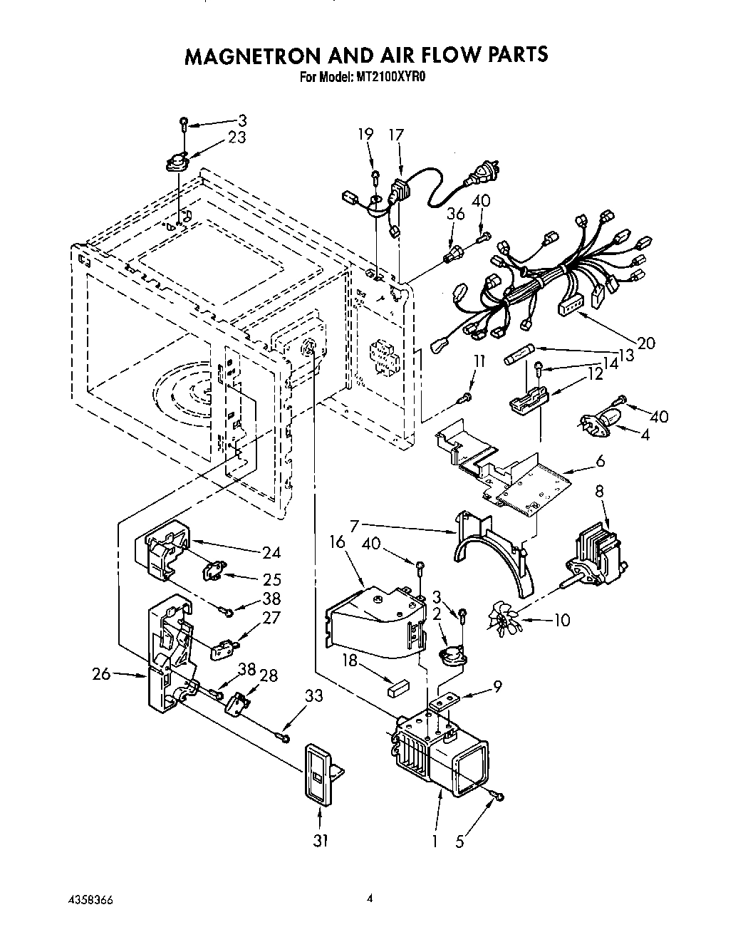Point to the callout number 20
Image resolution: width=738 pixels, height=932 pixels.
pyautogui.click(x=645, y=343)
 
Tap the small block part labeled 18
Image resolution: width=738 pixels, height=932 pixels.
pyautogui.click(x=397, y=687)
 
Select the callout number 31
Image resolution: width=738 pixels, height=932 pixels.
pyautogui.click(x=321, y=841)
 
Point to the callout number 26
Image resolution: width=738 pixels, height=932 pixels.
pyautogui.click(x=101, y=673)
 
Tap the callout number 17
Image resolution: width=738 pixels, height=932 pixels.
pyautogui.click(x=396, y=135)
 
